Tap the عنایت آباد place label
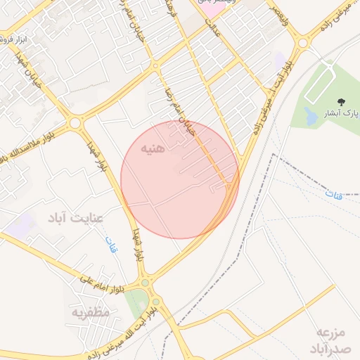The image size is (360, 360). click(x=75, y=218)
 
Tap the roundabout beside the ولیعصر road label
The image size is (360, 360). click(x=303, y=42)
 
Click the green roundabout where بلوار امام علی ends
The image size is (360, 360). click(x=146, y=283)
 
